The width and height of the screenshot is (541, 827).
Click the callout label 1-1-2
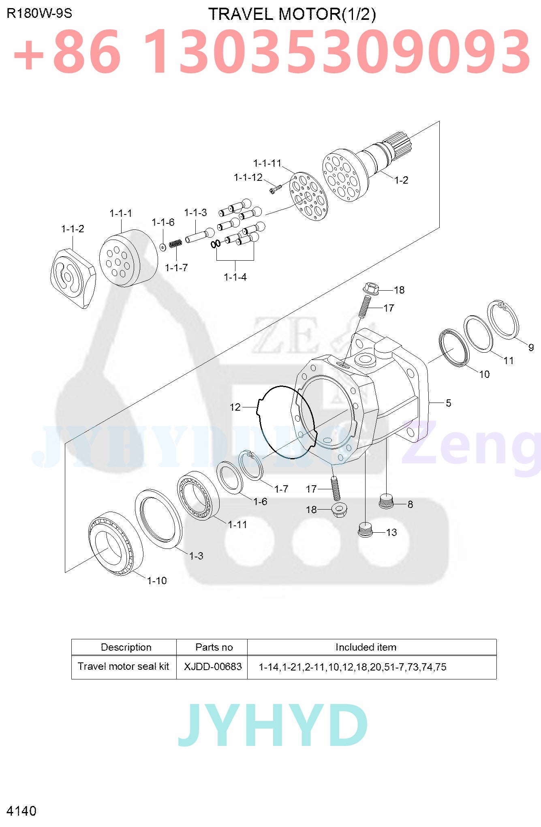73,229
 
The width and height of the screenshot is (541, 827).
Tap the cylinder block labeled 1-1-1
127,259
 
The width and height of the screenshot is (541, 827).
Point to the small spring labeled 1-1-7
175,244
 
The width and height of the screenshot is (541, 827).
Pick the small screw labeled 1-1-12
276,189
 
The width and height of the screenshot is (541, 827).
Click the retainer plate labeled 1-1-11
308,197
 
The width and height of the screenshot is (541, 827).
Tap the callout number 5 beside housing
448,403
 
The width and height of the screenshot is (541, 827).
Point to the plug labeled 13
366,530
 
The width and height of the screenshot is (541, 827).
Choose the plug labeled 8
386,502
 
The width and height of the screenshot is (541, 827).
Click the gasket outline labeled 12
286,422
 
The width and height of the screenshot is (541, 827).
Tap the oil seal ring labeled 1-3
158,518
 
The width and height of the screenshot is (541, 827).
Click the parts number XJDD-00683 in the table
213,667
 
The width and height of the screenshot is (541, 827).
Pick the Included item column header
366,647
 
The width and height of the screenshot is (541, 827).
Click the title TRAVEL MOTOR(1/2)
292,14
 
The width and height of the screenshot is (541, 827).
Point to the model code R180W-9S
39,13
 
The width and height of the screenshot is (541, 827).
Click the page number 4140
21,811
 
